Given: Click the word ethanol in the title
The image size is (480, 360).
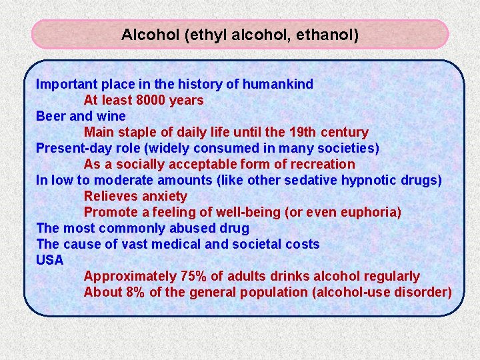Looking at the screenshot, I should point(329,35).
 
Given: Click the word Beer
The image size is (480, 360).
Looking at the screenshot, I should point(51,117).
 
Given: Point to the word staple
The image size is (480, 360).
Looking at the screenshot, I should point(137,133).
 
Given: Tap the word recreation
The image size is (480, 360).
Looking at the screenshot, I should point(321,165).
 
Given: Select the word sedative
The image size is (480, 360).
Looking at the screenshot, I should point(311,181).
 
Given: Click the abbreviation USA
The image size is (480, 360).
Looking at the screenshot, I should point(50,260).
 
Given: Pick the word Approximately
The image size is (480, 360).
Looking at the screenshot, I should point(130,277).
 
